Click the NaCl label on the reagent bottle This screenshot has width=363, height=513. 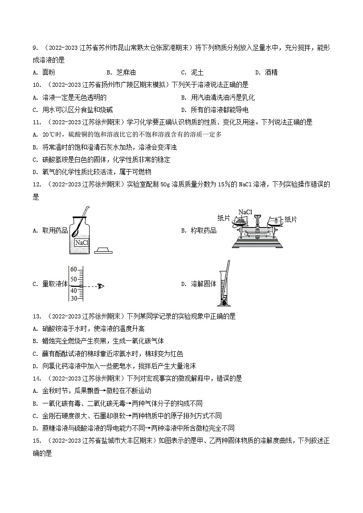point(81,243)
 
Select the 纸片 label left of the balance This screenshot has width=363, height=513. point(224,218)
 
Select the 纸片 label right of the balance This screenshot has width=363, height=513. point(291,220)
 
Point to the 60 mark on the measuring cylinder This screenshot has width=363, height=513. point(74,269)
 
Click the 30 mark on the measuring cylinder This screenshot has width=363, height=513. point(74,298)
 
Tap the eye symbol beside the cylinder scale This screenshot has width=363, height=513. point(101,286)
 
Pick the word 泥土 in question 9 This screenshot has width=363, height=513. point(198,72)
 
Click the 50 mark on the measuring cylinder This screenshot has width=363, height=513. point(74,279)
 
